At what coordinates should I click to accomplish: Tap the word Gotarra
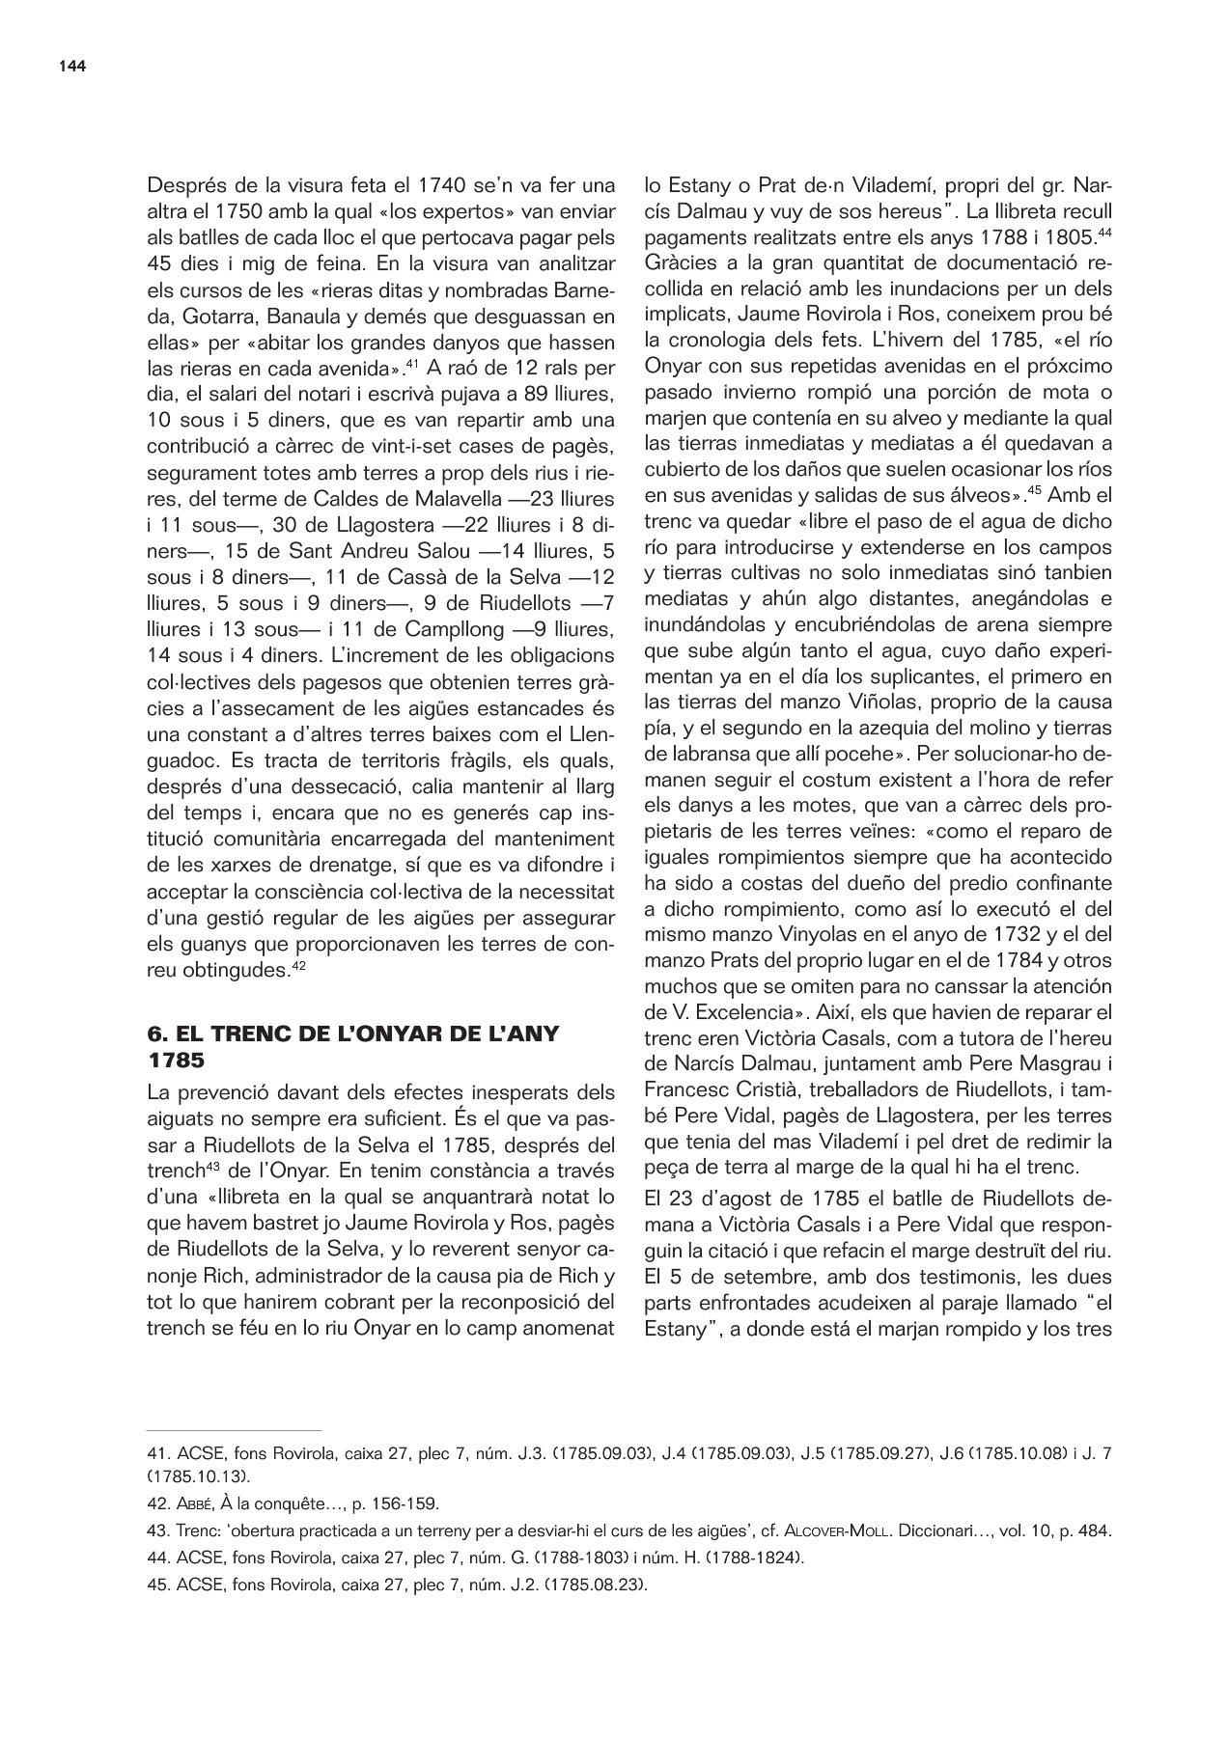click(184, 316)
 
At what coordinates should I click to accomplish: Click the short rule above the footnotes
click(234, 1430)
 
